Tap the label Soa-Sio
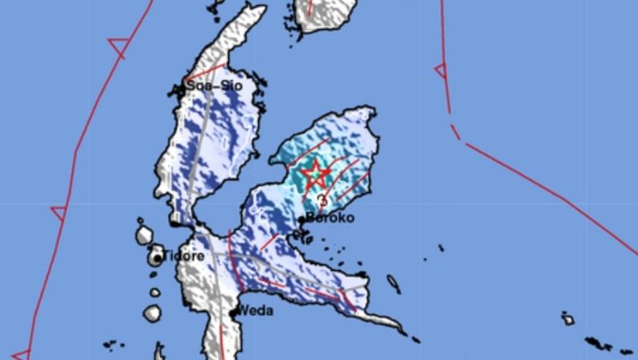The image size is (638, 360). [x=215, y=84]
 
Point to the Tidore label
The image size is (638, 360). [x=184, y=256]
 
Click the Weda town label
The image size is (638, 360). [x=256, y=311]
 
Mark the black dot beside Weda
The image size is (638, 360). [x=234, y=313]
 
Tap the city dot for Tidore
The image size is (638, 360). [x=158, y=259]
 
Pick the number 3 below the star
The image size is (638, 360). [x=322, y=200]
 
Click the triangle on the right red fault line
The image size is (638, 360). [x=440, y=71]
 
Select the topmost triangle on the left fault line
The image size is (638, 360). [x=118, y=47]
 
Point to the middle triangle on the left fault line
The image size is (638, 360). [x=59, y=214]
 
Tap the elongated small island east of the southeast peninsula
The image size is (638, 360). [x=394, y=284]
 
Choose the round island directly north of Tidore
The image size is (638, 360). [x=144, y=235]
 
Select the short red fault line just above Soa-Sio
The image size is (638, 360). [x=207, y=71]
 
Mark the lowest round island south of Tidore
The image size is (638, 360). [x=153, y=313]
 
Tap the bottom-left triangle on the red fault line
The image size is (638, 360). [x=21, y=354]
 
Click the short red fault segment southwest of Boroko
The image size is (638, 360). [x=269, y=242]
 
